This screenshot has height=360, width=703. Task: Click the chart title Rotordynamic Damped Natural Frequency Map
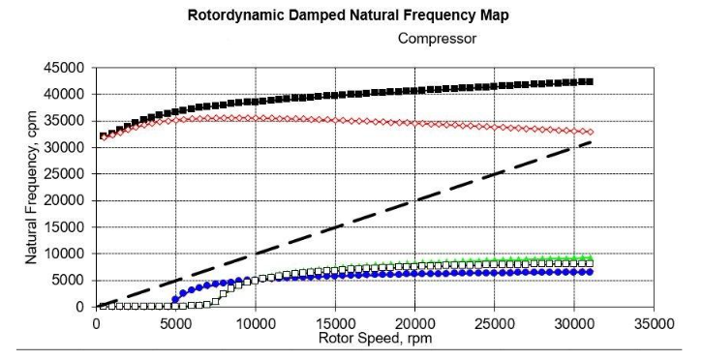pos(351,15)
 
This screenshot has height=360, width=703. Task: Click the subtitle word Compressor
pos(435,41)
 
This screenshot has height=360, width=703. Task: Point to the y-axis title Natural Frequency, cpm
pos(31,186)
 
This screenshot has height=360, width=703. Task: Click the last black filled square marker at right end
pos(589,82)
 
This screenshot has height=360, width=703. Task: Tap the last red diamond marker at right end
pos(589,133)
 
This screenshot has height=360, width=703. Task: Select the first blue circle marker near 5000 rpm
pos(175,299)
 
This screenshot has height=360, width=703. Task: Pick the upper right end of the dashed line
pos(590,142)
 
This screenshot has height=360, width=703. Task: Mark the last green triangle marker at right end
pos(589,257)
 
